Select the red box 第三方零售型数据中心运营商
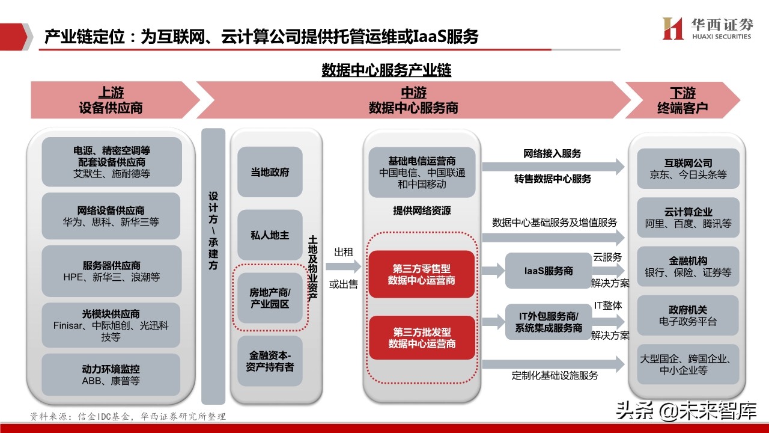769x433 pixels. tap(421, 274)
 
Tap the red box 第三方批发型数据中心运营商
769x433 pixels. tap(421, 338)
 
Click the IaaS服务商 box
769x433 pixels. tap(547, 271)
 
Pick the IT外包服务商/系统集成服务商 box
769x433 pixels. tap(547, 322)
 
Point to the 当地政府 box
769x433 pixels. tap(270, 172)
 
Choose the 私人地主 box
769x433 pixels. tap(270, 235)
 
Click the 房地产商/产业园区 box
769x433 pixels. tap(270, 298)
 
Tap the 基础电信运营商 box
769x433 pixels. tap(421, 173)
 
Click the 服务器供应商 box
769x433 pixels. tap(111, 271)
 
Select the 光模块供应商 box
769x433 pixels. tap(111, 325)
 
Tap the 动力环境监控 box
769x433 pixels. tap(111, 375)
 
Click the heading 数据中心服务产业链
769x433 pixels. tap(386, 70)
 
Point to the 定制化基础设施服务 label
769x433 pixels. tap(555, 376)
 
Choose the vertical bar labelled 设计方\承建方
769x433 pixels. tap(213, 265)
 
